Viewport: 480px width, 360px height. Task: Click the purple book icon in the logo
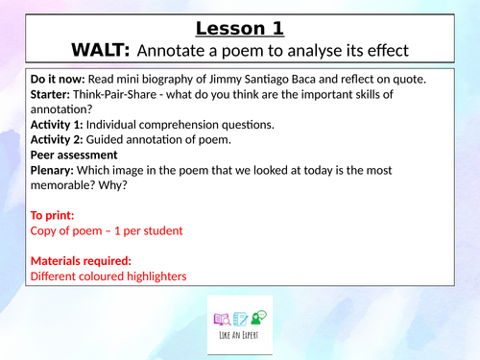coord(220,319)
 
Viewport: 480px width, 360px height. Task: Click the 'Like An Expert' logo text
coord(239,338)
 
